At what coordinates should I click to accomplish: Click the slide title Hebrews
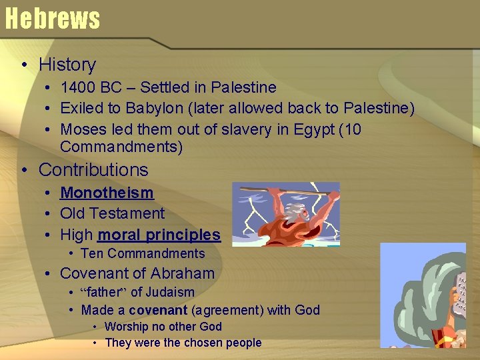pos(52,18)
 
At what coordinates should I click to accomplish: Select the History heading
pos(67,65)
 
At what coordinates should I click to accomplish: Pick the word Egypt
pos(311,129)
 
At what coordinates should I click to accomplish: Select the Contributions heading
pos(93,170)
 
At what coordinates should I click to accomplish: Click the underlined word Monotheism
pos(107,193)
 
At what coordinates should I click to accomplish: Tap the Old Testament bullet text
pos(112,213)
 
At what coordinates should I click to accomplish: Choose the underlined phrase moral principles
pos(159,235)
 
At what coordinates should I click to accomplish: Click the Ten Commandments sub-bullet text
pos(143,253)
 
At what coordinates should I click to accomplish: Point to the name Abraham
pos(183,273)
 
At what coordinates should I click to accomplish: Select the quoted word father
pos(103,292)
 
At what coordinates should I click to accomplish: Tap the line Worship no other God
pos(163,327)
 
